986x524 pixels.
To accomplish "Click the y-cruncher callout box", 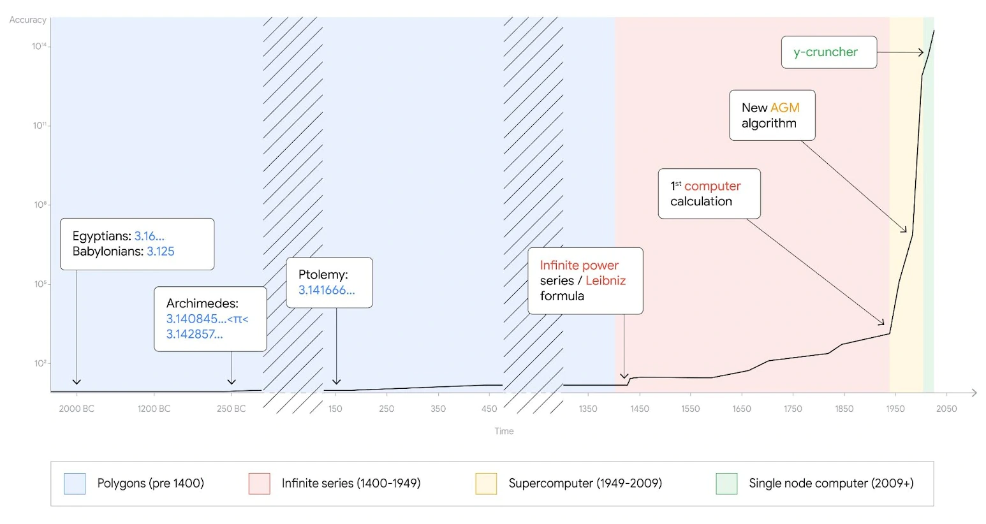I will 828,52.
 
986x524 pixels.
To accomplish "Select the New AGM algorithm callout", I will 772,115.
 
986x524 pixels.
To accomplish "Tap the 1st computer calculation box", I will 709,194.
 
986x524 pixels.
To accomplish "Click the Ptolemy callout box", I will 329,282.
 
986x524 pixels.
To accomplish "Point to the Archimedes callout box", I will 210,319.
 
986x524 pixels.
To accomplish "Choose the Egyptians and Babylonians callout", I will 136,244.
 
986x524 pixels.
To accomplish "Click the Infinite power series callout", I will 585,280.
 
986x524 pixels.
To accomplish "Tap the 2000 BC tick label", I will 77,409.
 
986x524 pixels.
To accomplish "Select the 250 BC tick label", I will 231,409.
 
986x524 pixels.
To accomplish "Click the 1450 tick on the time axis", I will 639,409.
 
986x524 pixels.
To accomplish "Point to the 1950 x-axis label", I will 895,409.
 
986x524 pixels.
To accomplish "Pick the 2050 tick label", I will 946,409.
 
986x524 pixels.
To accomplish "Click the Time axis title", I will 504,432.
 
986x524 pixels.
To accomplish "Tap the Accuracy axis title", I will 27,20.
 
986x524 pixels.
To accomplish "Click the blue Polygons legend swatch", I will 75,483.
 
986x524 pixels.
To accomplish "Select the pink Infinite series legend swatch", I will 260,483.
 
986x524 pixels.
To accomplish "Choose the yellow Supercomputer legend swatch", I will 486,483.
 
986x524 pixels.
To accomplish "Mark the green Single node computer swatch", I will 726,483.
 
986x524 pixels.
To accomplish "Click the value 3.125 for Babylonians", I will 161,252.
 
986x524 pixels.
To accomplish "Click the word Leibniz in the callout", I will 605,280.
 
